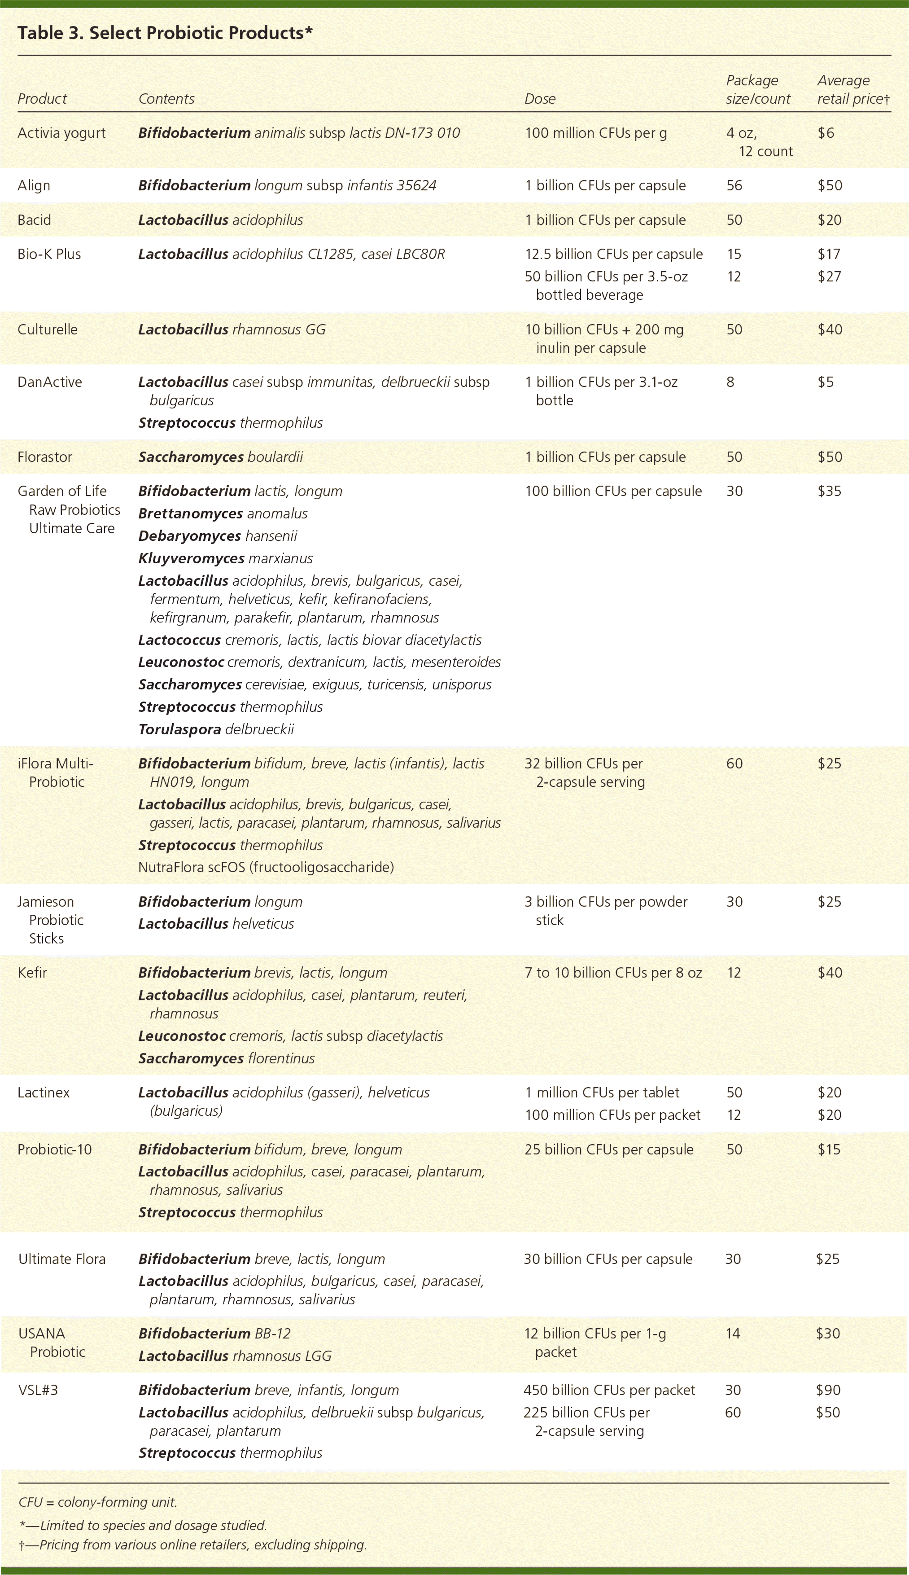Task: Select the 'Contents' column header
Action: click(166, 99)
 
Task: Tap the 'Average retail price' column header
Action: click(853, 89)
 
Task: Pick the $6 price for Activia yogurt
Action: click(826, 132)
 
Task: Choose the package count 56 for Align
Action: click(734, 185)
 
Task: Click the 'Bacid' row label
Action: click(35, 220)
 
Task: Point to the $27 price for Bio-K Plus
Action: click(829, 276)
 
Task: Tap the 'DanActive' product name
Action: click(50, 382)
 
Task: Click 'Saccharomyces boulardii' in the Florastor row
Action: click(220, 456)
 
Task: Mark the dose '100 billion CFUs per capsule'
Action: click(613, 491)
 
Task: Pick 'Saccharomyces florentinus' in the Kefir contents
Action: click(226, 1058)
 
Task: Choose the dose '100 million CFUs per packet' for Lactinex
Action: click(612, 1115)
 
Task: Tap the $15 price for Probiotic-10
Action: click(829, 1149)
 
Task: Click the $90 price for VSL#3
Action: click(828, 1390)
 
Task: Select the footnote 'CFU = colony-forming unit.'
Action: click(98, 1502)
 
